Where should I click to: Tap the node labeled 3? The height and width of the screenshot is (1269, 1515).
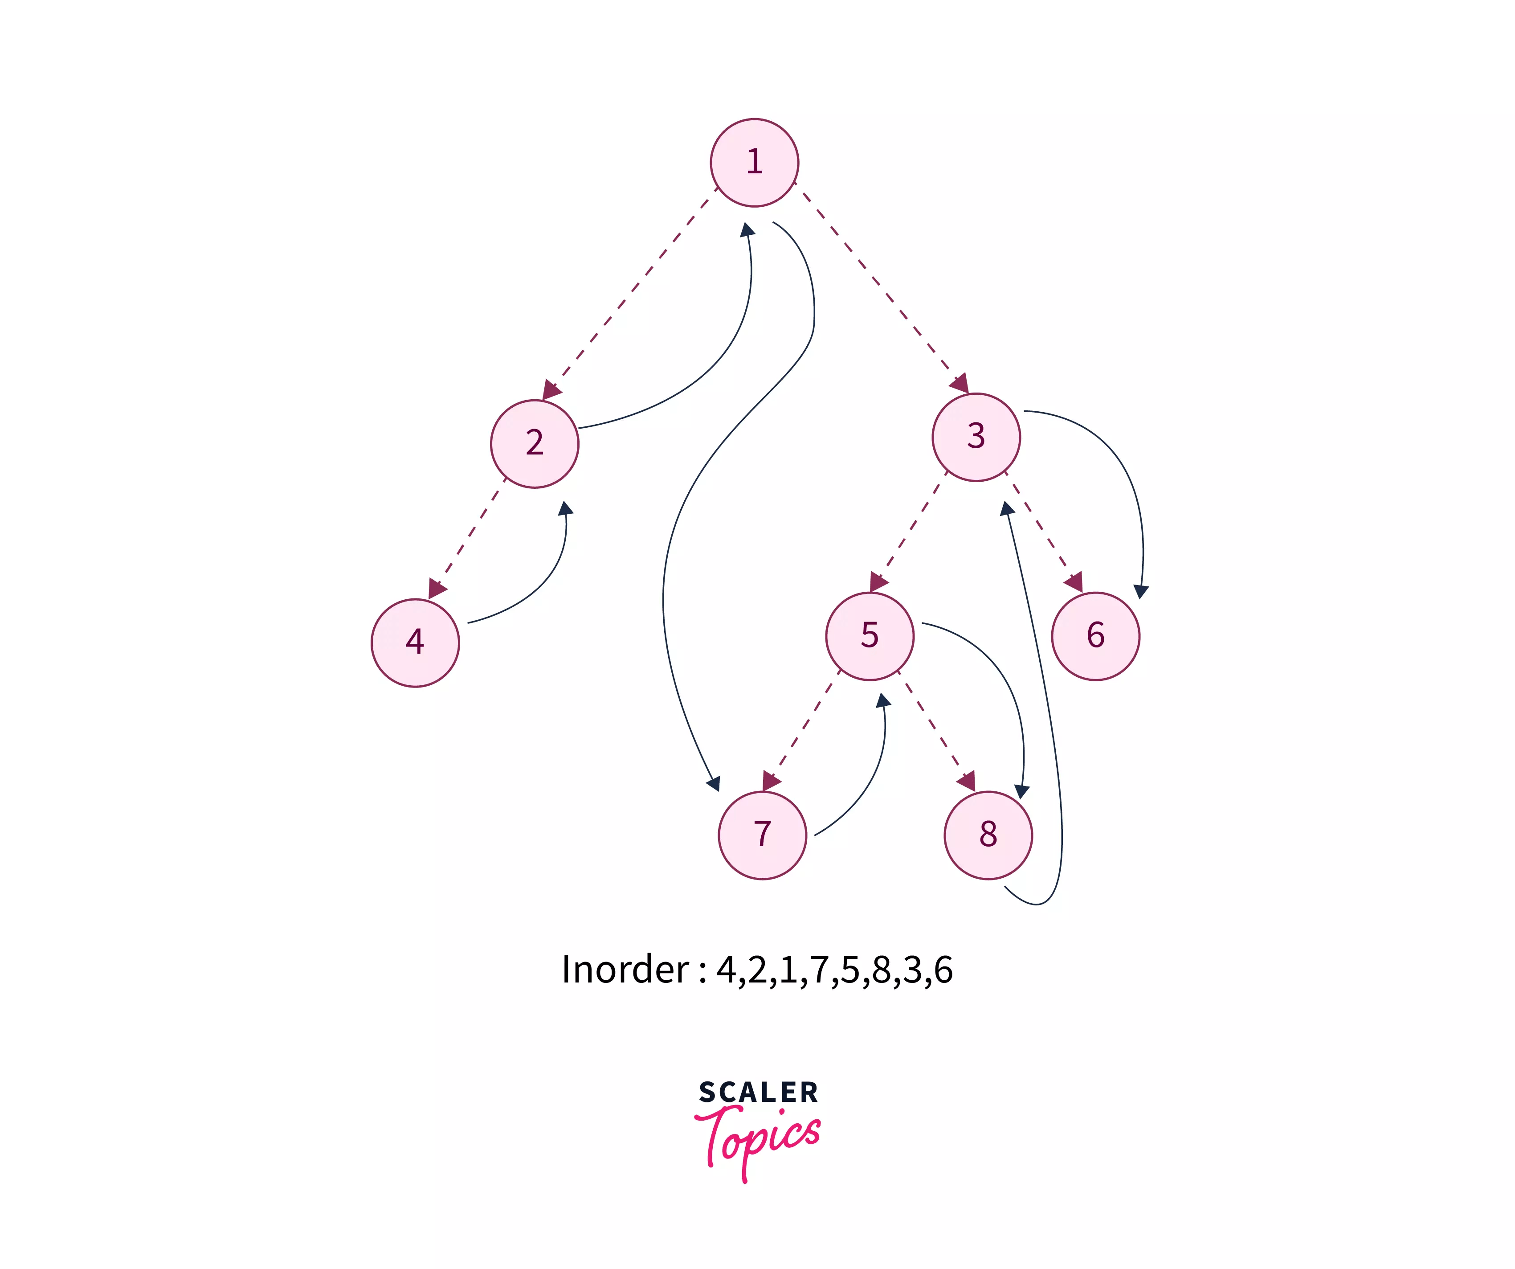[x=976, y=437]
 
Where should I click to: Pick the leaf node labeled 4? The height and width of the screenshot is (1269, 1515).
[x=415, y=642]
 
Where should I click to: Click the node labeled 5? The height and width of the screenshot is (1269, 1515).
[x=870, y=635]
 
